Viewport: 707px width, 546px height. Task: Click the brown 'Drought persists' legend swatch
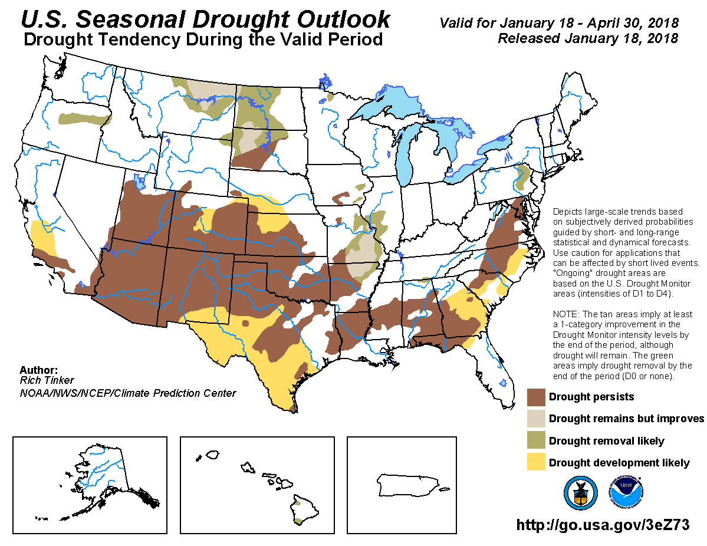(536, 397)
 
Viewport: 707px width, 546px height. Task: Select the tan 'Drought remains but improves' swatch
(536, 419)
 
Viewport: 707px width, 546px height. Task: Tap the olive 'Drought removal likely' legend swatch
(536, 441)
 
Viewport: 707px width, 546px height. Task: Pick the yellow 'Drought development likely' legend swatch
(536, 462)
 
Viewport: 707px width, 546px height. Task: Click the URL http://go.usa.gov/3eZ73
(603, 525)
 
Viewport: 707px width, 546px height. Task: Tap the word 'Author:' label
(38, 370)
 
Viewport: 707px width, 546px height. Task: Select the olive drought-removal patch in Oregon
(86, 116)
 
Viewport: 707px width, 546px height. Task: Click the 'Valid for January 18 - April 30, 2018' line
(558, 24)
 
